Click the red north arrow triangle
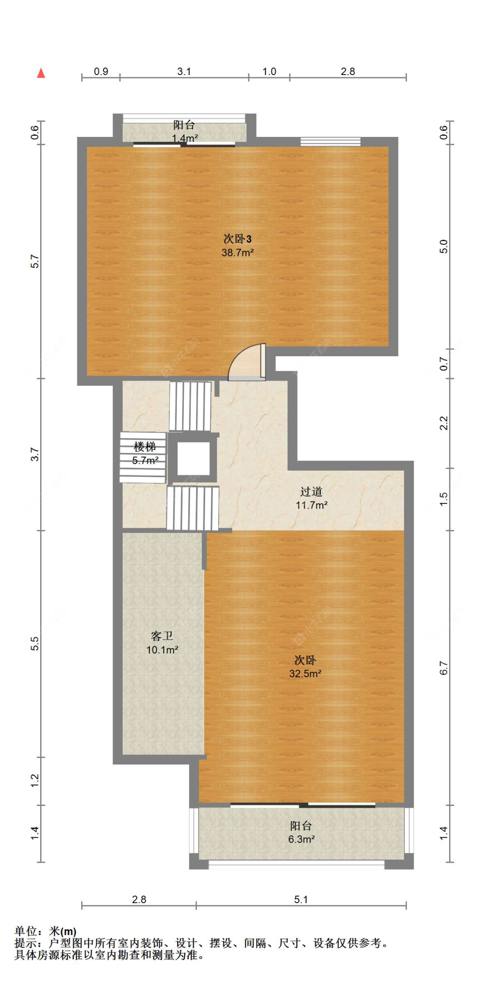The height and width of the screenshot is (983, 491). tap(41, 73)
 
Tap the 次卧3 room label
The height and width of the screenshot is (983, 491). tap(237, 239)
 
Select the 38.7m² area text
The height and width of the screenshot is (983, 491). tap(237, 253)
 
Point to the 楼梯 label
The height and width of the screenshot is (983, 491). tap(145, 447)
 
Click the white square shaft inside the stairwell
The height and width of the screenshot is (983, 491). tap(193, 458)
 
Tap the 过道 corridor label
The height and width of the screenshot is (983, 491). tap(311, 491)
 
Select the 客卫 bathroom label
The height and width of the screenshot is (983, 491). tap(162, 636)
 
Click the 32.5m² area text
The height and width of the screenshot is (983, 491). tap(305, 673)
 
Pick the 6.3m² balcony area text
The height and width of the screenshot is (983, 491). tap(301, 839)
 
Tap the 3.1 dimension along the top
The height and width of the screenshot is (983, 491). tap(184, 72)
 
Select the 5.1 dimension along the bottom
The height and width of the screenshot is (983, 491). tap(301, 899)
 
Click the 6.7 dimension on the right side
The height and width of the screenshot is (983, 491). tap(443, 668)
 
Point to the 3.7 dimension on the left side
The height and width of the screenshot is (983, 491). tap(35, 454)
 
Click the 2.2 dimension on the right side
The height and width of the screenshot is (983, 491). tap(443, 423)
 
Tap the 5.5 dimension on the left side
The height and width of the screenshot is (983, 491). tap(35, 644)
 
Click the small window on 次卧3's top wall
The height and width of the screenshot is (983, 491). tap(330, 142)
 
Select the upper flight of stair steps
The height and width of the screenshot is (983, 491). tap(190, 406)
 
